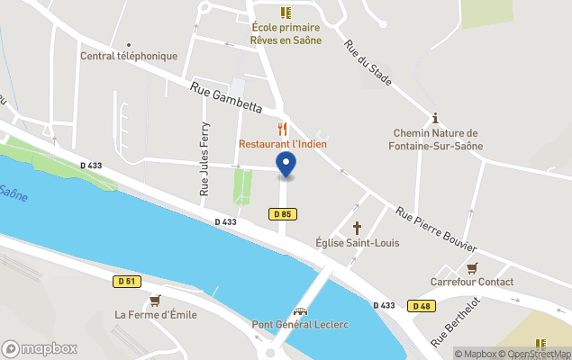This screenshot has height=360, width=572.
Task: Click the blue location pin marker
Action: click(286, 165)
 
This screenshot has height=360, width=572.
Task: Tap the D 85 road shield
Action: click(283, 213)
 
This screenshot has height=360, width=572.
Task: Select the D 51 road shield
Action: click(127, 281)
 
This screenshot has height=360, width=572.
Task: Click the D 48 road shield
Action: click(421, 306)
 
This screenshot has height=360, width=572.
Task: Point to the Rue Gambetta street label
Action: click(225, 98)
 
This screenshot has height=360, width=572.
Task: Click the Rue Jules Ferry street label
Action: click(204, 159)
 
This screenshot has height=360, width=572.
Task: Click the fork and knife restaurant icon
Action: click(283, 129)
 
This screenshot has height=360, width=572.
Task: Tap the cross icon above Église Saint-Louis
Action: click(357, 228)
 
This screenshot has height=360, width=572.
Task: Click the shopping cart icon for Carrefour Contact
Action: click(472, 267)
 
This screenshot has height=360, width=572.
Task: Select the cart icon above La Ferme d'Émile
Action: click(155, 300)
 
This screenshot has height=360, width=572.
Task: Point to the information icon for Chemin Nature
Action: click(435, 118)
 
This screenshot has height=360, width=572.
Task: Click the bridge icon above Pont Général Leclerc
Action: click(300, 310)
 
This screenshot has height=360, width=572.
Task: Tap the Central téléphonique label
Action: click(129, 56)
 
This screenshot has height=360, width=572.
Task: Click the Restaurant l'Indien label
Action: click(283, 144)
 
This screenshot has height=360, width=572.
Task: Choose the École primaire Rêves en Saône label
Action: click(286, 33)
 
